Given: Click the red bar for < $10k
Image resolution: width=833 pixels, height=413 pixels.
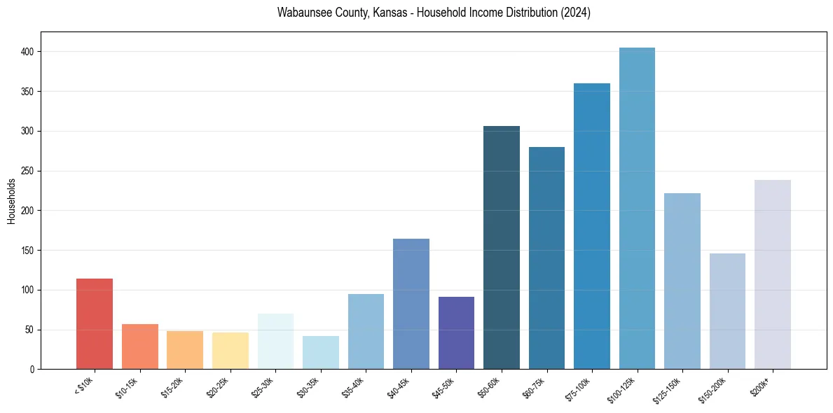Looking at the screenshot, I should [x=95, y=323].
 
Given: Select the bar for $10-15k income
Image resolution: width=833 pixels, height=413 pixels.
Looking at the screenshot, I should [x=139, y=346].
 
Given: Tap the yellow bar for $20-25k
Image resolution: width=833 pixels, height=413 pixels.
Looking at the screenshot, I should [x=230, y=351].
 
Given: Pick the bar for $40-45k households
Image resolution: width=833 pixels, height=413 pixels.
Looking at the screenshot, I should [x=411, y=304].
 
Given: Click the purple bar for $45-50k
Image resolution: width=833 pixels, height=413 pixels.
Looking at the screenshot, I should [x=456, y=332].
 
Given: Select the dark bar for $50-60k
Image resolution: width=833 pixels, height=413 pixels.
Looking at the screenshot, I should [x=501, y=247].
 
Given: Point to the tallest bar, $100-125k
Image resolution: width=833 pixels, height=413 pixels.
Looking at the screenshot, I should [x=637, y=208].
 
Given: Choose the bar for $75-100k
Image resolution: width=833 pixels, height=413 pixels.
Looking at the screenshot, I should [x=591, y=226].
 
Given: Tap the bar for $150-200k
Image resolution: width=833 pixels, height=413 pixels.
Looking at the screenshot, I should [x=727, y=311].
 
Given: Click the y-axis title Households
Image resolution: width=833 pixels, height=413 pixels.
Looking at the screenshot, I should [x=12, y=201].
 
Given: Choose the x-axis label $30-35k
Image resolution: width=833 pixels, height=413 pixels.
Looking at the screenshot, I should [x=308, y=387].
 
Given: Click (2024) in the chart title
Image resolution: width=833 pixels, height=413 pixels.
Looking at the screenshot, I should [x=574, y=13].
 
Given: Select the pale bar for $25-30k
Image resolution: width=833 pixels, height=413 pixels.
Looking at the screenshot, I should [x=275, y=341].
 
